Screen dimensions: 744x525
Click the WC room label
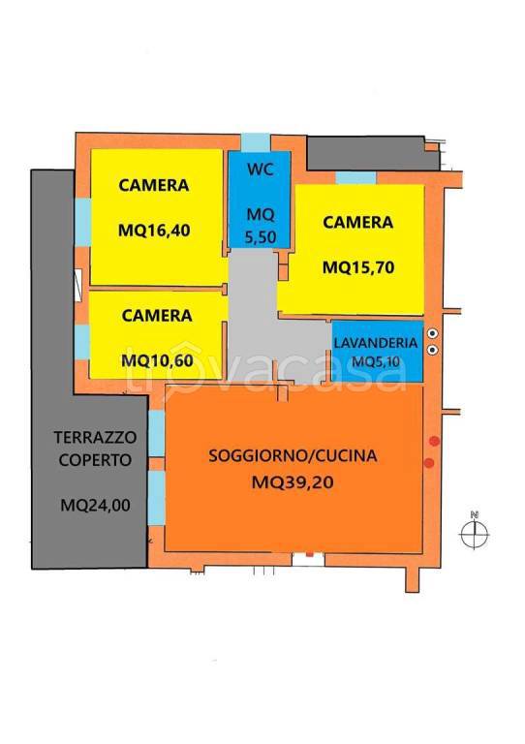[x=259, y=170]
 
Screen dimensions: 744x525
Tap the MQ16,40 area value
[x=154, y=231]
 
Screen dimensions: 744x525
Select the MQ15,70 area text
[x=358, y=264]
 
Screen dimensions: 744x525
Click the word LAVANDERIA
[x=377, y=344]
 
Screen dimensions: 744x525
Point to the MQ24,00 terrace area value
[x=90, y=504]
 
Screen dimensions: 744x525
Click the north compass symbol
[x=475, y=532]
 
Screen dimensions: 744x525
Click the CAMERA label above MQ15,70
[x=358, y=222]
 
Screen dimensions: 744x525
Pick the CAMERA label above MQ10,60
[x=157, y=315]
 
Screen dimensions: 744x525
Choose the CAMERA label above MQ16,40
[x=154, y=184]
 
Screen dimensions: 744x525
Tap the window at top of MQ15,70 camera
[x=355, y=177]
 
